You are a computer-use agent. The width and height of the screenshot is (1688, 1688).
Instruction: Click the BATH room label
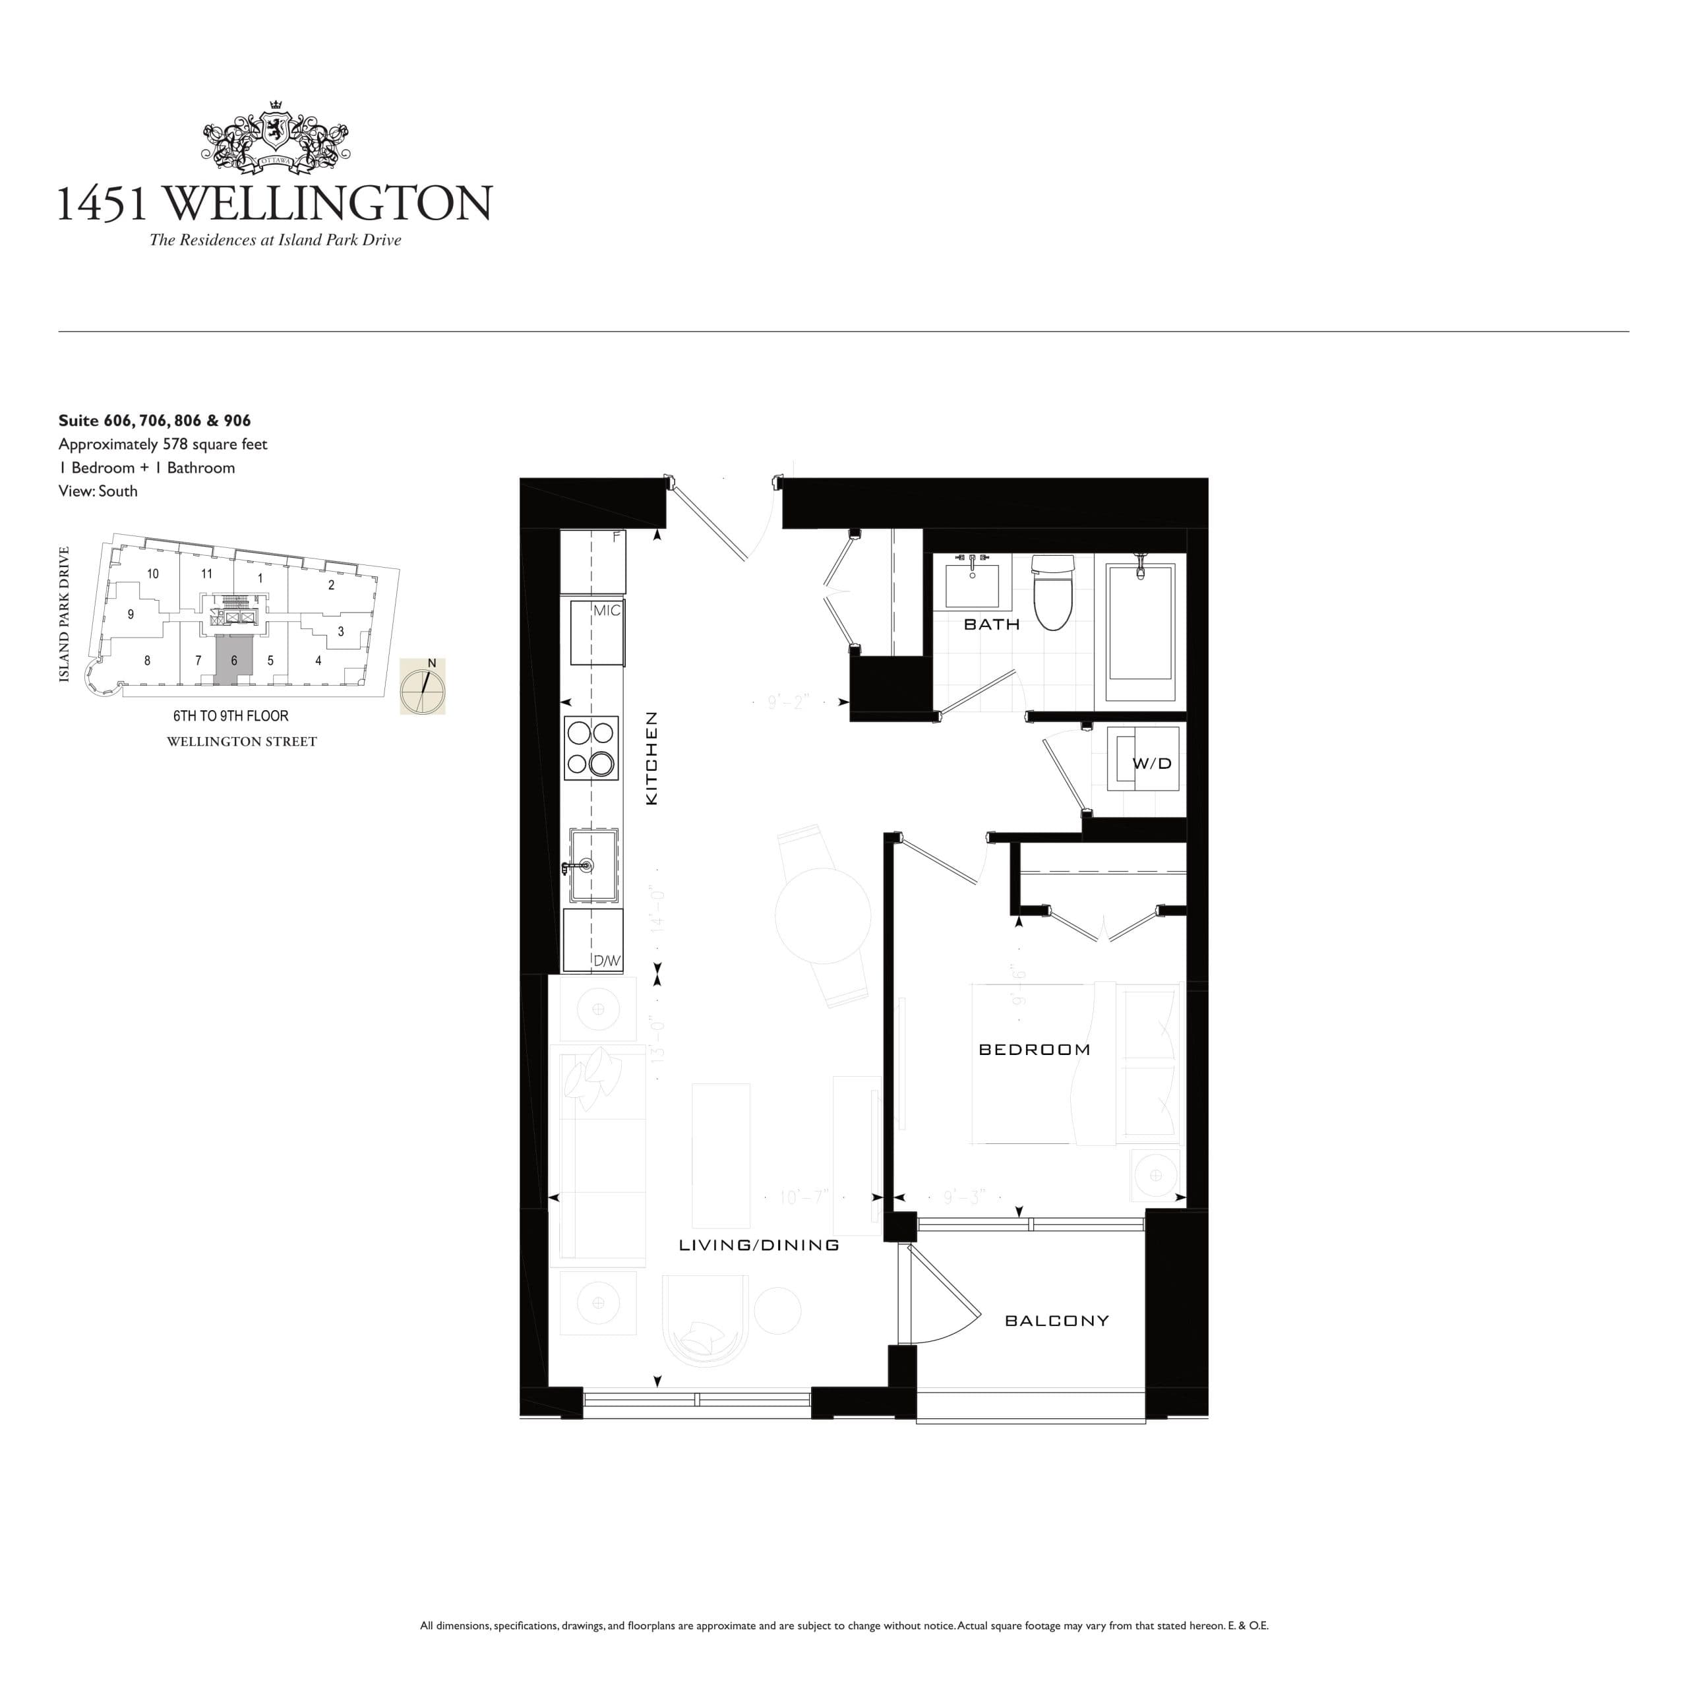991,624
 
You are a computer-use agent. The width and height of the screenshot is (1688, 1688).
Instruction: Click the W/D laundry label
1151,763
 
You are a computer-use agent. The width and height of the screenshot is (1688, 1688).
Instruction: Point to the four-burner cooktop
591,748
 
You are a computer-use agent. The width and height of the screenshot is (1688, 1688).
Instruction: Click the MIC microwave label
607,611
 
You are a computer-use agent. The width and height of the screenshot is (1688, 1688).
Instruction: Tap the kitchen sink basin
594,866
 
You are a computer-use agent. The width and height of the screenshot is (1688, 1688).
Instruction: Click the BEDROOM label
1035,1049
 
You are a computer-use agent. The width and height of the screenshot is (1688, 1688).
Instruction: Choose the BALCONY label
1056,1320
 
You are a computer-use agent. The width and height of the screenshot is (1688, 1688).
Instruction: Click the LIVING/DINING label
758,1245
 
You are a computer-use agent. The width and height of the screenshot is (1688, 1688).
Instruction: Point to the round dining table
822,916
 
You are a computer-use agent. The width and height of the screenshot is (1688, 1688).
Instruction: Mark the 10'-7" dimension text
802,1197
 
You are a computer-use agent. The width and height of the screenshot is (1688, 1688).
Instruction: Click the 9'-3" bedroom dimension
964,1197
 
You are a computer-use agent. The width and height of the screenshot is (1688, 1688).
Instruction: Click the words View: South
98,491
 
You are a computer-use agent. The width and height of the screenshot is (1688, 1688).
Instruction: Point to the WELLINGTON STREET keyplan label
241,742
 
